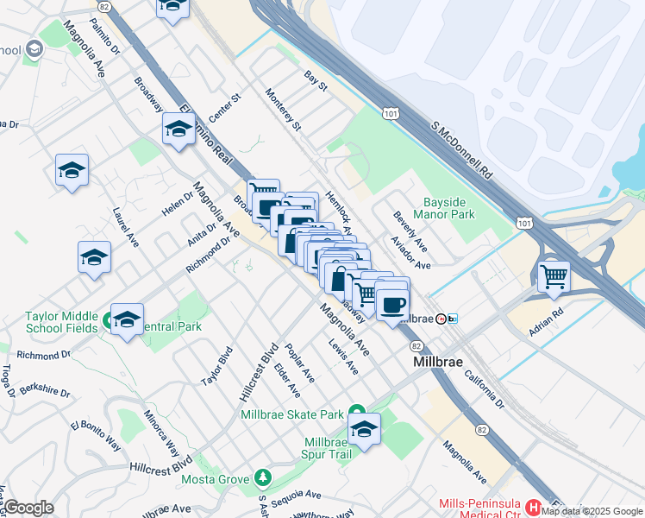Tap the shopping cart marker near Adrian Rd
pyautogui.click(x=554, y=277)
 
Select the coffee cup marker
pyautogui.click(x=392, y=305)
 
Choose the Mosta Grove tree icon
pyautogui.click(x=262, y=477)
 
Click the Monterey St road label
pyautogui.click(x=283, y=111)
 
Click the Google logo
pyautogui.click(x=28, y=508)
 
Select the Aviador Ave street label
pyautogui.click(x=410, y=251)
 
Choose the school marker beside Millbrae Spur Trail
pyautogui.click(x=364, y=430)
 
